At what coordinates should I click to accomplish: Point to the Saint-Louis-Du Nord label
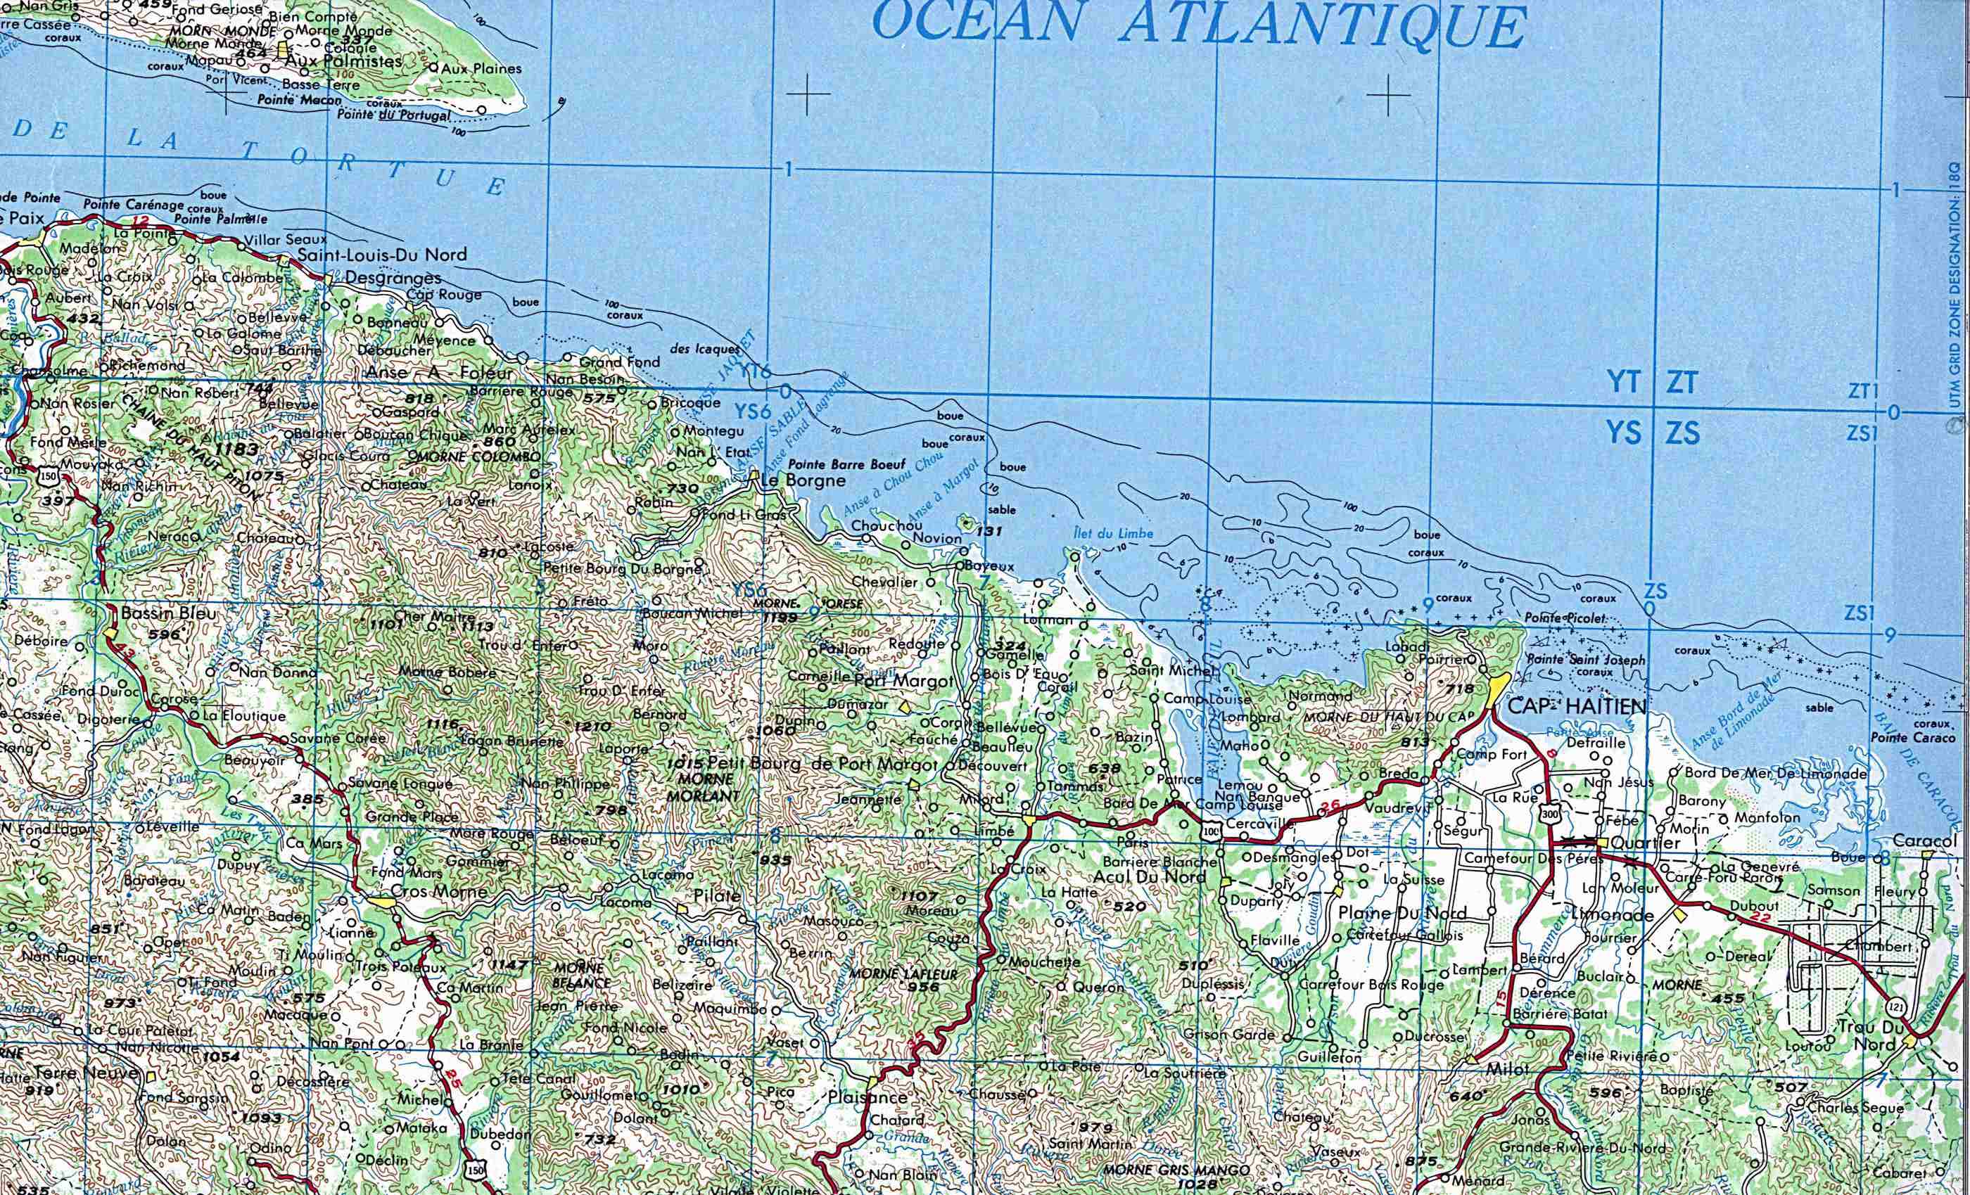[381, 255]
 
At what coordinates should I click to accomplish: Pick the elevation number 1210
[592, 726]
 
